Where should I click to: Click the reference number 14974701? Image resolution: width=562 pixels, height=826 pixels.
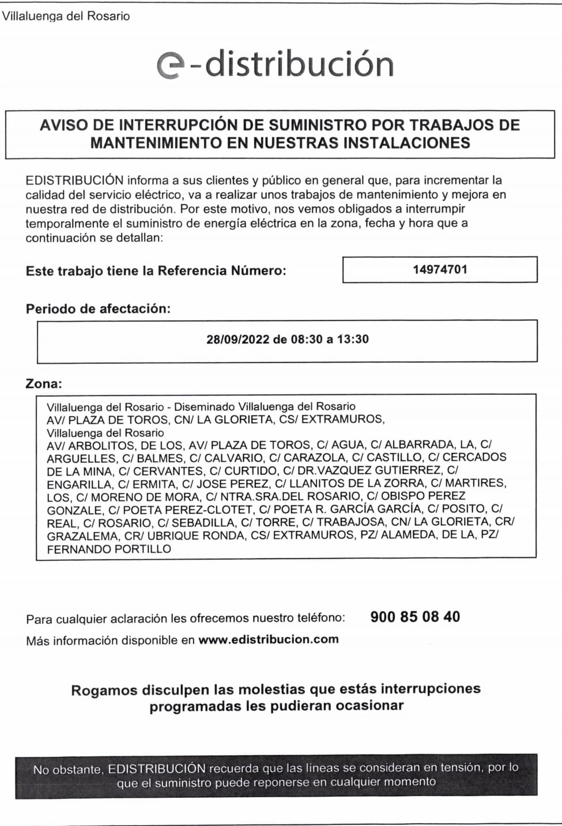[x=440, y=269]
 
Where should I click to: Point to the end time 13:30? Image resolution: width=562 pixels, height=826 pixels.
[x=353, y=339]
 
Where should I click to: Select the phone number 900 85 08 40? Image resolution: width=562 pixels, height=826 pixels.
[x=415, y=617]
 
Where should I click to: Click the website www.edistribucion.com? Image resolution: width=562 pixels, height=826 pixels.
[x=269, y=639]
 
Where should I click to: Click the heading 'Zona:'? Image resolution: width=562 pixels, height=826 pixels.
[x=44, y=384]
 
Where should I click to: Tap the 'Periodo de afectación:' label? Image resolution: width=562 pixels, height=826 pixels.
[x=98, y=309]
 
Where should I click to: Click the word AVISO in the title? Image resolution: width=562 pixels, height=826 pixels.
[x=62, y=125]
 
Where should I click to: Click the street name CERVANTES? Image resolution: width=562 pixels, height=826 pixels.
[x=168, y=471]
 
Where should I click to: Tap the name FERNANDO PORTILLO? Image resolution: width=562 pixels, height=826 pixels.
[x=109, y=549]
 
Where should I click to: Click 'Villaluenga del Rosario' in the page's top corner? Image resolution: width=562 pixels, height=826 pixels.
[x=66, y=16]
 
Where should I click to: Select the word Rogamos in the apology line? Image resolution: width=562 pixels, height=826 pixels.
[x=104, y=690]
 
